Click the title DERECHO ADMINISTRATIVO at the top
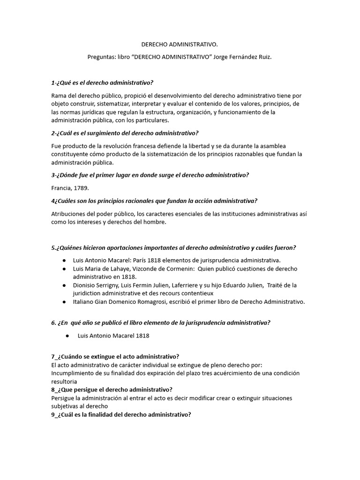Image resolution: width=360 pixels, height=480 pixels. tap(180, 45)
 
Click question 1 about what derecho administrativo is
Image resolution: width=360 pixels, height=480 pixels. tap(103, 83)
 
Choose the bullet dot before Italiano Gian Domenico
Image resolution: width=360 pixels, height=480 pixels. tap(64, 302)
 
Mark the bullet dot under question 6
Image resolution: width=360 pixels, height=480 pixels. tap(68, 336)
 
